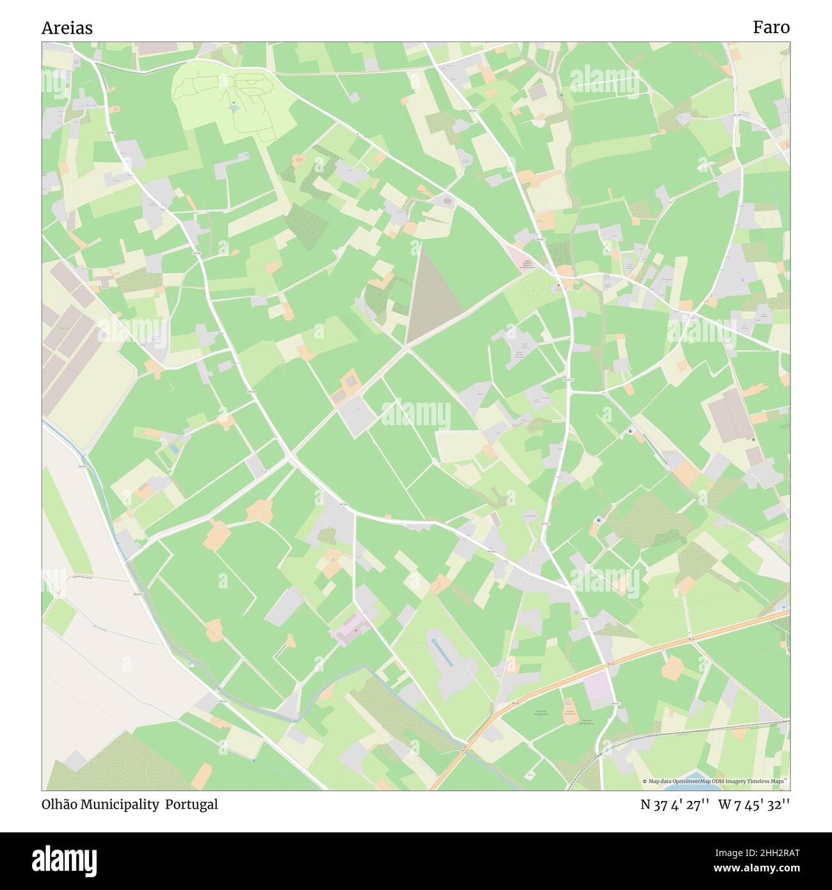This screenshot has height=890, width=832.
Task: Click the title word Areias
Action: pos(67,28)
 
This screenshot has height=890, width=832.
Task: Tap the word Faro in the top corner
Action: pos(771,27)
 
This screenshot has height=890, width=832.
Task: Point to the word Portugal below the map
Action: pos(191,804)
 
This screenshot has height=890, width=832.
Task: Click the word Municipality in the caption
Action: pos(120,805)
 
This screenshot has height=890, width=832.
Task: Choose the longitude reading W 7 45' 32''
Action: pos(754,804)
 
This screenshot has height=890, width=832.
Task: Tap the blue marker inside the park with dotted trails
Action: pos(234,103)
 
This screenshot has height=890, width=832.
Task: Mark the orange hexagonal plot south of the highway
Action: pos(672,668)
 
